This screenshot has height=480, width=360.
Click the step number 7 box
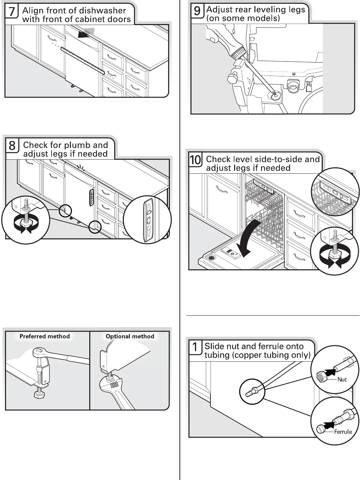tap(12, 12)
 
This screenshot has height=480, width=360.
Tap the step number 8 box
tap(12, 146)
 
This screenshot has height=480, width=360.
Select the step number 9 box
tap(197, 11)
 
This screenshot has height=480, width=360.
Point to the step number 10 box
tap(195, 160)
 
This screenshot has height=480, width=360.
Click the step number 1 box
tap(195, 347)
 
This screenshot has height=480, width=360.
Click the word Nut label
tap(342, 380)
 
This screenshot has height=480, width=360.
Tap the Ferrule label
tap(343, 432)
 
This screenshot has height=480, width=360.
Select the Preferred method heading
tap(45, 336)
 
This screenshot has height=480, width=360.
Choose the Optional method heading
tap(130, 336)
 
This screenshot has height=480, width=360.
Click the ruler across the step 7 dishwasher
tap(83, 60)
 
